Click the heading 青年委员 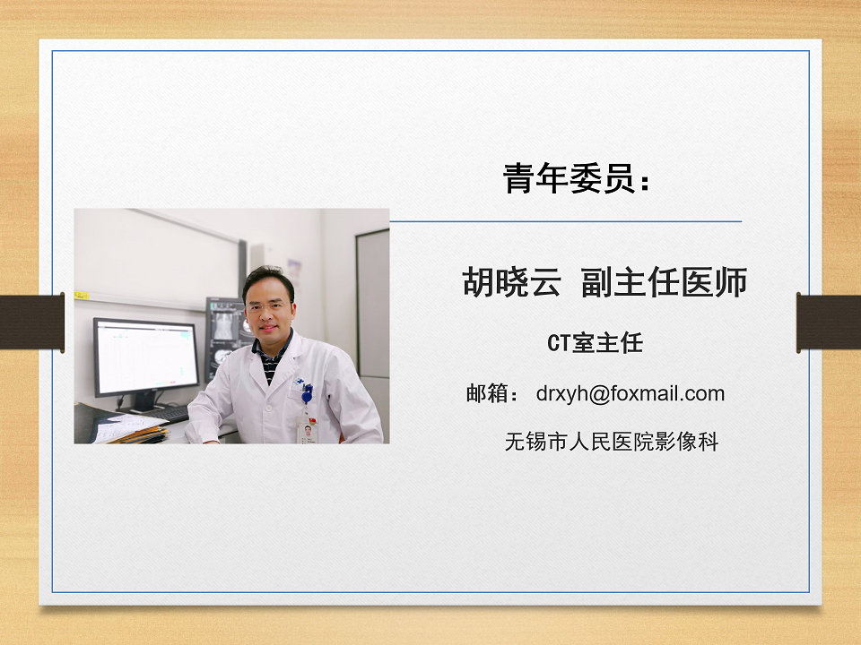(x=570, y=178)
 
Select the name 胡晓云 (x=511, y=282)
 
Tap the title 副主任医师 (x=664, y=282)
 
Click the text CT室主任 (x=595, y=343)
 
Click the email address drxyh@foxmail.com (x=631, y=394)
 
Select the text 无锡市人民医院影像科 (x=611, y=442)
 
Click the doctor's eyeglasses (x=267, y=306)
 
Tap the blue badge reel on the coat (x=307, y=393)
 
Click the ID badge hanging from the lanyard (x=306, y=431)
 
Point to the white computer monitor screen (x=146, y=357)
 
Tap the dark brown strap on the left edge (x=32, y=322)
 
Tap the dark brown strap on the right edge (x=829, y=322)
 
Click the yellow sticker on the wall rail (x=82, y=296)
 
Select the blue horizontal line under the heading (x=566, y=221)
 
